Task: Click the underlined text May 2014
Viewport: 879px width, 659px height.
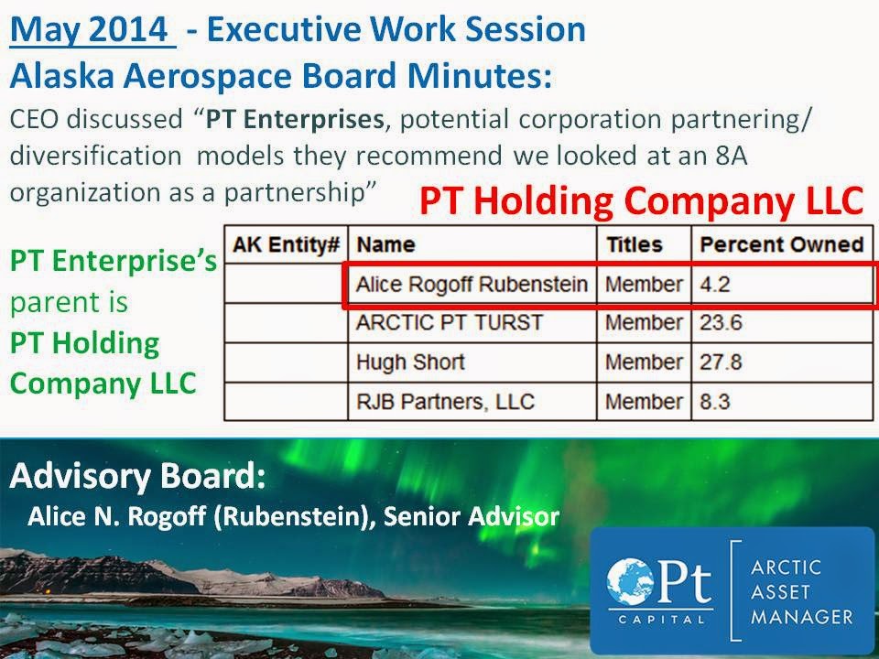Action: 89,29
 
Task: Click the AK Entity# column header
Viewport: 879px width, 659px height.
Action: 287,244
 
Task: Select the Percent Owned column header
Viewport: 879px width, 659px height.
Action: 781,244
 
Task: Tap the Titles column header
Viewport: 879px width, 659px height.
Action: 634,244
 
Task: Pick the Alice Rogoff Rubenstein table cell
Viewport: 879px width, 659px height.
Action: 472,284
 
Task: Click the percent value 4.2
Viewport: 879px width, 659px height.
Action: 715,284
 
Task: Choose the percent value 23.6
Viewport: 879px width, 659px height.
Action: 721,322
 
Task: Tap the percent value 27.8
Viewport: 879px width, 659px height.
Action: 721,362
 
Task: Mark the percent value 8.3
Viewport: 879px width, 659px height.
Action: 715,401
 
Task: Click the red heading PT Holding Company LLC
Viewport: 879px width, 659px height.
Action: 641,201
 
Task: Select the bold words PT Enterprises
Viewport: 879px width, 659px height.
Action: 295,119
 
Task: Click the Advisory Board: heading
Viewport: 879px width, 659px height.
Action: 137,476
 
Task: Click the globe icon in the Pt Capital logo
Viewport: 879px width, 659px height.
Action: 631,582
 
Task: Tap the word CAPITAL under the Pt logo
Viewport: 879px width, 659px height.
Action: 661,620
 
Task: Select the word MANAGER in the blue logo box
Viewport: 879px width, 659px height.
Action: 802,616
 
